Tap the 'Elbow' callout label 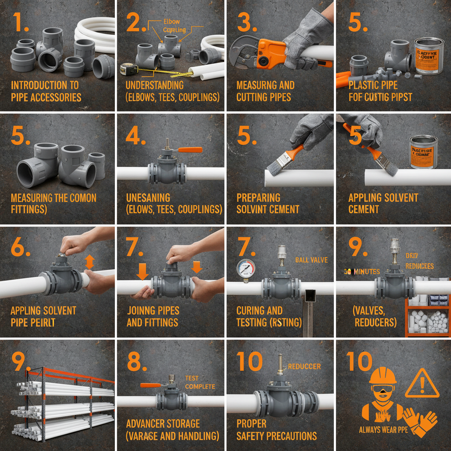171,21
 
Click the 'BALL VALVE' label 311,260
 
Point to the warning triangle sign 422,384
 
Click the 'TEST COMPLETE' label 200,382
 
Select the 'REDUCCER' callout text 304,366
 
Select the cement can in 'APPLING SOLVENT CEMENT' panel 423,152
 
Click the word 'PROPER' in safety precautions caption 251,424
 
